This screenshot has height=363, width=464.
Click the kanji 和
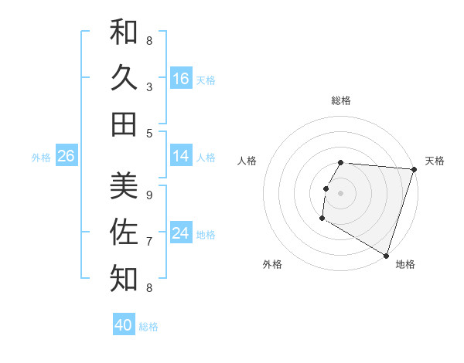124,32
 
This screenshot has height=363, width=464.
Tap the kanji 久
124,77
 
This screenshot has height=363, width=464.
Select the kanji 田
124,124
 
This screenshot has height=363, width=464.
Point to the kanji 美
124,185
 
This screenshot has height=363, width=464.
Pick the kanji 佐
124,232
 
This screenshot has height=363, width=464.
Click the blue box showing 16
181,79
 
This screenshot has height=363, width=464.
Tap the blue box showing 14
181,156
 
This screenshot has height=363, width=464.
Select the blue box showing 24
181,233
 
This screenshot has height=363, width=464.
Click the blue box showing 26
67,156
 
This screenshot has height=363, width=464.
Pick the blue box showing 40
124,325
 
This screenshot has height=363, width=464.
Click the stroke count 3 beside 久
149,87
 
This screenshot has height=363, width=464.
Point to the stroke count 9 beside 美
149,195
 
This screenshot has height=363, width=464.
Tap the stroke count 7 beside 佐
149,241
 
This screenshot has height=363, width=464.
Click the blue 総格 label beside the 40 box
148,327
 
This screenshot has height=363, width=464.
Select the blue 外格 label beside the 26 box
41,158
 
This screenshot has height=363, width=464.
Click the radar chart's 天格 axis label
435,161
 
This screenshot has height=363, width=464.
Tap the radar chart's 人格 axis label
247,161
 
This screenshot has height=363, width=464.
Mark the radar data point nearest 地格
386,255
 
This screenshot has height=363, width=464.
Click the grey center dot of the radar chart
340,193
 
